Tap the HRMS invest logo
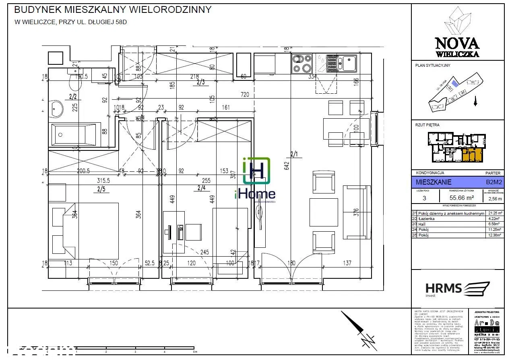coord(457,289)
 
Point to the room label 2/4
coord(201,187)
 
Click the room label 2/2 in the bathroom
coord(73,97)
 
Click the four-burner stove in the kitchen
coord(302,64)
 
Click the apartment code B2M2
coord(493,182)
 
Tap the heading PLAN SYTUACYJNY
coord(432,66)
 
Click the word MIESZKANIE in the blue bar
coord(434,182)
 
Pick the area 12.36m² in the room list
coord(493,236)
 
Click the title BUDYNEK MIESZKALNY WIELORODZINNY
coord(113,10)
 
